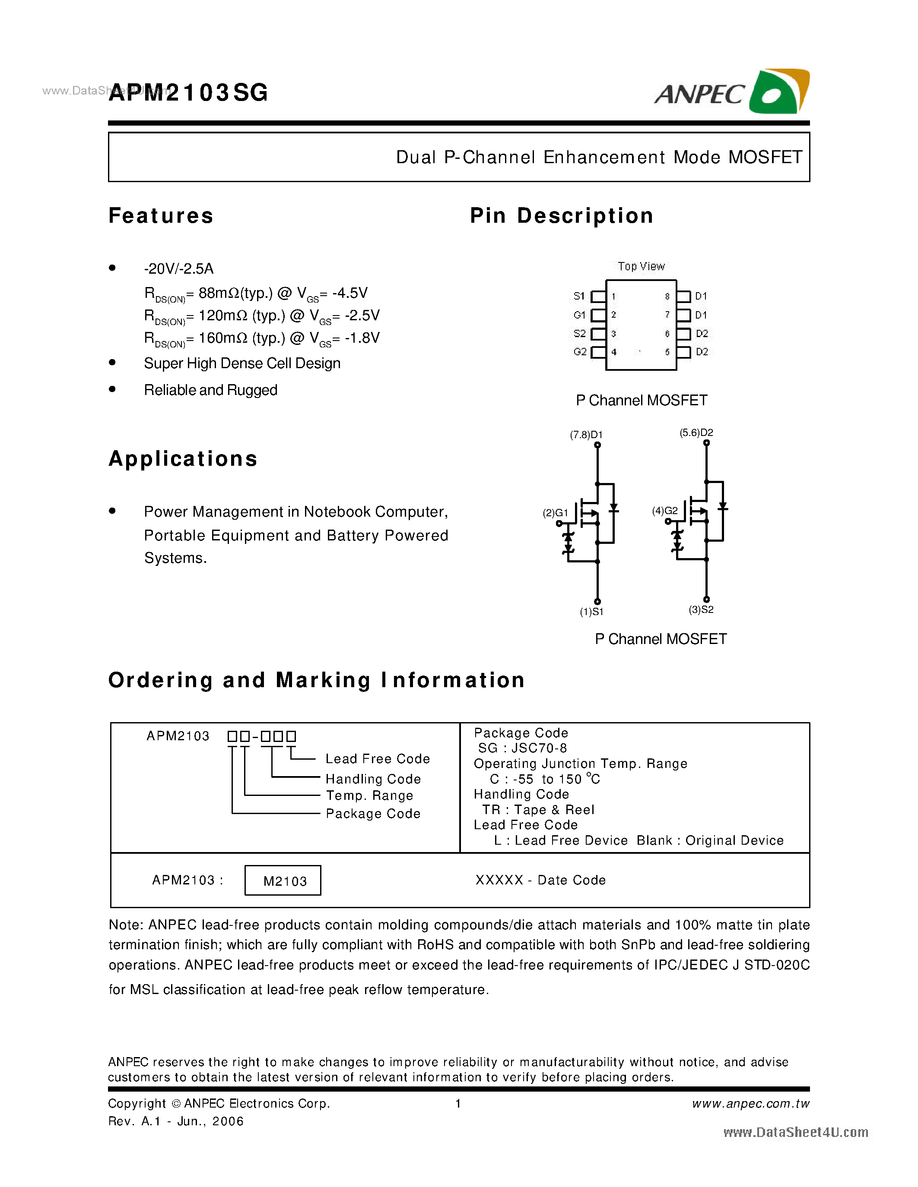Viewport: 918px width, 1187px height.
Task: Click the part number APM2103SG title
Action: (x=188, y=93)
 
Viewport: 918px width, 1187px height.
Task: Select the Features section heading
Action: (x=161, y=216)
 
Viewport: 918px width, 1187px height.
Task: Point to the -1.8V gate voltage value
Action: (x=362, y=338)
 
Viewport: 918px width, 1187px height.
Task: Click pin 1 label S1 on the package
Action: (x=578, y=296)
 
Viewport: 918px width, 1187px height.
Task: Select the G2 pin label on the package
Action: (x=580, y=352)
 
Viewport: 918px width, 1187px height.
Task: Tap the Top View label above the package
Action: (x=641, y=266)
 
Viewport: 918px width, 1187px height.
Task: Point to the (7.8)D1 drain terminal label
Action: (x=586, y=435)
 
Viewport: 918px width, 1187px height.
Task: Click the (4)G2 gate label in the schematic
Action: (x=664, y=511)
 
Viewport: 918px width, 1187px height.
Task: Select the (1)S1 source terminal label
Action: (x=592, y=612)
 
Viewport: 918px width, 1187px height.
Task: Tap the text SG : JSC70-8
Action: (x=522, y=748)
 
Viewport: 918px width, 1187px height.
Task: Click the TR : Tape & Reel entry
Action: (x=538, y=810)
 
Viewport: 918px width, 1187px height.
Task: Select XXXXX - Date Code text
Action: (x=540, y=881)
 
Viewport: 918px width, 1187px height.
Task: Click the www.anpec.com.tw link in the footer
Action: (x=750, y=1104)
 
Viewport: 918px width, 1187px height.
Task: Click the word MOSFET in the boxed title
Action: (x=765, y=158)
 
